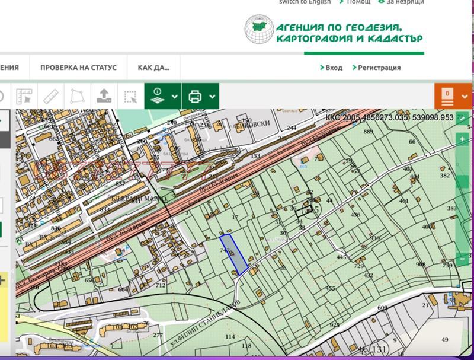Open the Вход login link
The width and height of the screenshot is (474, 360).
click(331, 68)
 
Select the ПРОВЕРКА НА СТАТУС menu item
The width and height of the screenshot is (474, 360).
click(78, 68)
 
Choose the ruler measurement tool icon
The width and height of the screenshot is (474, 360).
click(51, 96)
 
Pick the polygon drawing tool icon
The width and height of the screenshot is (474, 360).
click(78, 96)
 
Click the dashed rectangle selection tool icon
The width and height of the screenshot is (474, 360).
click(130, 96)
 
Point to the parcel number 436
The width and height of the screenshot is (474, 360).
click(355, 215)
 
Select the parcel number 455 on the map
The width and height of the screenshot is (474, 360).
click(331, 288)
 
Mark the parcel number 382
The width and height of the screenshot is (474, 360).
click(444, 176)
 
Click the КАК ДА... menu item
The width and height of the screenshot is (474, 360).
click(153, 68)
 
